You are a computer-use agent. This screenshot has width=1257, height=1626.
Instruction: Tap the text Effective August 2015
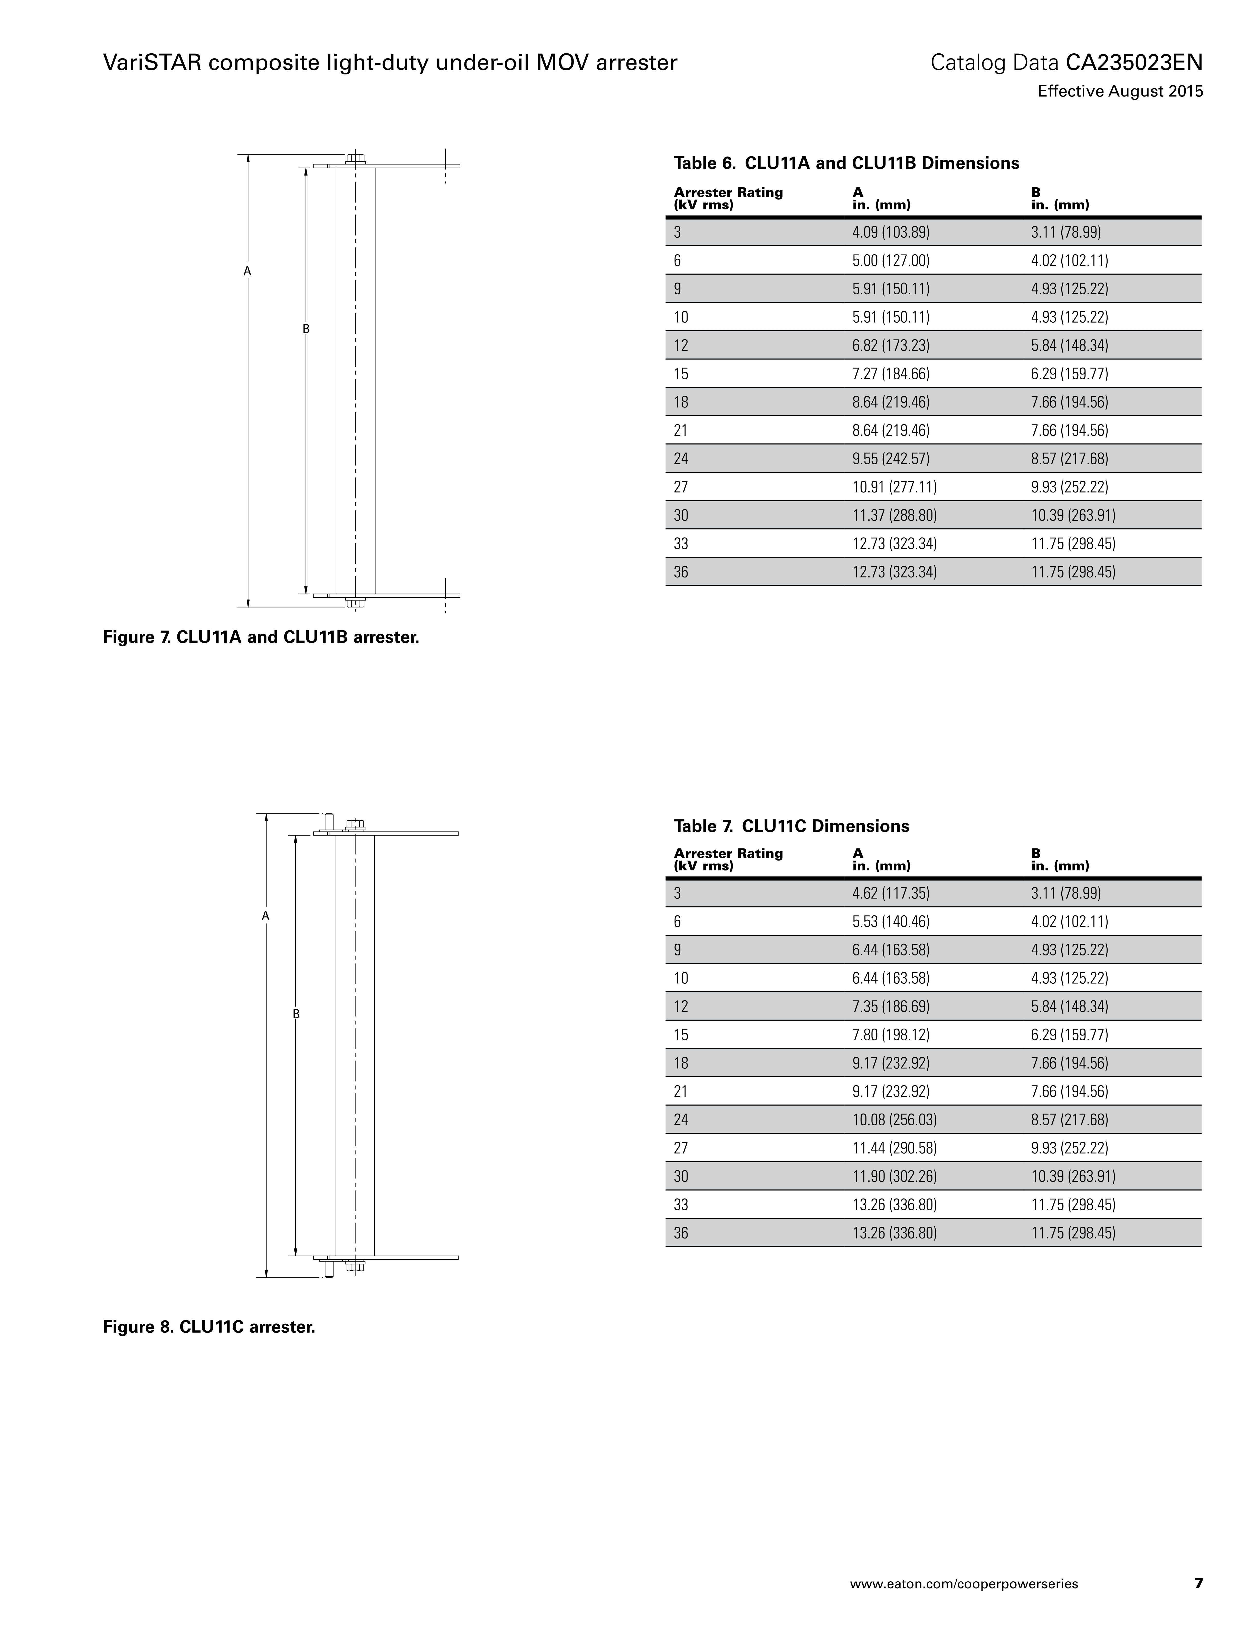point(1120,92)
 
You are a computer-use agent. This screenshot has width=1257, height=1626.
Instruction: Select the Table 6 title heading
point(846,163)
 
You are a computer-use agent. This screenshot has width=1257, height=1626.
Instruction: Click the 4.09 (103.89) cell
point(891,232)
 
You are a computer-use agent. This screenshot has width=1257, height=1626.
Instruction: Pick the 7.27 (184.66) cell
point(891,374)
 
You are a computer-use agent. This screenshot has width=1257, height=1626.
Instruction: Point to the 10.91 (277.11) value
point(894,487)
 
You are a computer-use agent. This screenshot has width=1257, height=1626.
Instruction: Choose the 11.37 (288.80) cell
point(894,515)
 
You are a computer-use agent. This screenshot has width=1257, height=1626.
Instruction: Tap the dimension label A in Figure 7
point(247,272)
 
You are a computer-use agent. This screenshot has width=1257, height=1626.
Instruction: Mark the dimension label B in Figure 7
point(305,328)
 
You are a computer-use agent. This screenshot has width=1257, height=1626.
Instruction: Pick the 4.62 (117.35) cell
point(891,893)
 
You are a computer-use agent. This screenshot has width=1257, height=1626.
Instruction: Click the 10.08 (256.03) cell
point(894,1120)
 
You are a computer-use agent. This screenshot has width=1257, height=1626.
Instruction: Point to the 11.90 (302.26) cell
point(894,1176)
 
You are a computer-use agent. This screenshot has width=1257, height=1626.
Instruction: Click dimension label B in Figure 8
point(296,1014)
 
